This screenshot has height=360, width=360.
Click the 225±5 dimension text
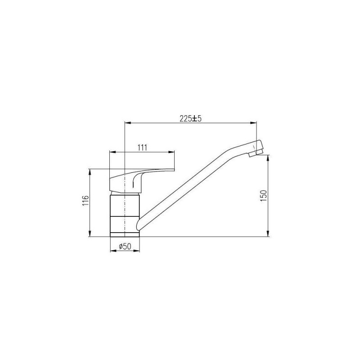(x=190, y=118)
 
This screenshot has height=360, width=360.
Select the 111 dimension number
(x=142, y=148)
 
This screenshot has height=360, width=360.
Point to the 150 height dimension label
(x=264, y=196)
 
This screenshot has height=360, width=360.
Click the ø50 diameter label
(x=125, y=246)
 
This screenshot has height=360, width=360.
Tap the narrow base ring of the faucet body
(x=125, y=234)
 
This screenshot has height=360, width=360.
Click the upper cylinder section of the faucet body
(x=125, y=205)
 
